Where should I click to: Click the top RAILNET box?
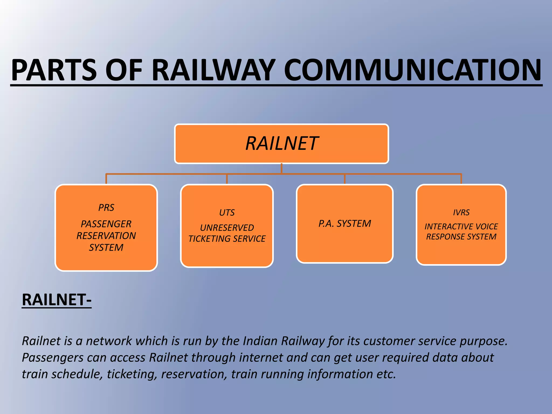[281, 144]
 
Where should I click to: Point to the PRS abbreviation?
[106, 208]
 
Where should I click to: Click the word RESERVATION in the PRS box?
[106, 236]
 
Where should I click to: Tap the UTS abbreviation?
[227, 213]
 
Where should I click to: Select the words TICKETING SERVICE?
[227, 239]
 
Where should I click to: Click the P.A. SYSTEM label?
[345, 223]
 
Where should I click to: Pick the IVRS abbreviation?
[461, 212]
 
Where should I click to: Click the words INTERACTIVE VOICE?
[461, 226]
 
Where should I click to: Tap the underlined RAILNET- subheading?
[57, 300]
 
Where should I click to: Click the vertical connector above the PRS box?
[106, 179]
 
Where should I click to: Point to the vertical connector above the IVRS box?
[461, 179]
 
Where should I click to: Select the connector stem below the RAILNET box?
[281, 168]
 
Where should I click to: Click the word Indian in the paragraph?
[260, 341]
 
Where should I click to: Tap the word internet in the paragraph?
[261, 358]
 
